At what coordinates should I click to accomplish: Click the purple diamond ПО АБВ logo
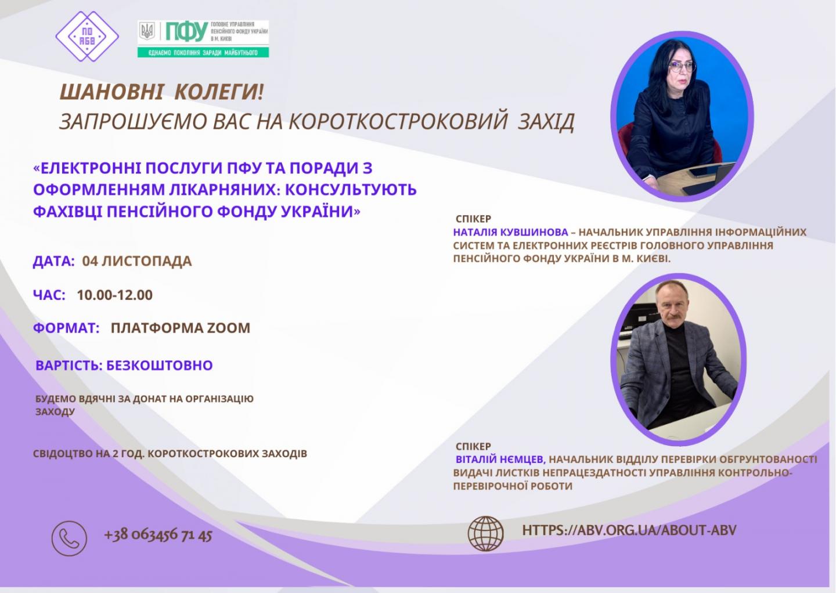87,36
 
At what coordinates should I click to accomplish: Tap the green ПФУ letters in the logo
186,31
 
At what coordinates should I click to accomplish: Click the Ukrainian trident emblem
147,31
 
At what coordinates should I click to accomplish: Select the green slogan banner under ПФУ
203,53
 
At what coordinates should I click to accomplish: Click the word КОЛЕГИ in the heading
219,92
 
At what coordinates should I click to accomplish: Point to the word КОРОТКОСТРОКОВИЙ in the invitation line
398,121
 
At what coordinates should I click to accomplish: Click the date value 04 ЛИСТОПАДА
137,261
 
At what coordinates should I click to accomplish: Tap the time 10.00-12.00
114,295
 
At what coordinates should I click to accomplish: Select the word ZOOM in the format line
228,328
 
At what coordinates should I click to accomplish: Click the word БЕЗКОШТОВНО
159,365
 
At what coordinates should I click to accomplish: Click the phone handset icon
69,538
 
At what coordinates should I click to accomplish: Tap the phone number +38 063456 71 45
158,535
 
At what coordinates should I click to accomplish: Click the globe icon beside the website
485,534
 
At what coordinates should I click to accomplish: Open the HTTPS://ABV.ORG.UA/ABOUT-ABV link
629,530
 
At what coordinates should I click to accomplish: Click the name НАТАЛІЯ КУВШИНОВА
510,232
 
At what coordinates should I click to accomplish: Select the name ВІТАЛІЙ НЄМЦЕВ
500,460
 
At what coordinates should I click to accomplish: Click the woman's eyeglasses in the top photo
683,67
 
